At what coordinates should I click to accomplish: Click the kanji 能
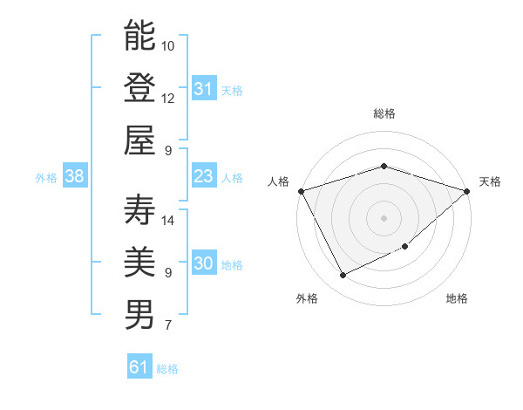[x=140, y=36]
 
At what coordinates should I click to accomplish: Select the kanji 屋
[x=140, y=140]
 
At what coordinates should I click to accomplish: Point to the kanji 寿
[x=140, y=209]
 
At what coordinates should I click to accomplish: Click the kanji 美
[x=140, y=263]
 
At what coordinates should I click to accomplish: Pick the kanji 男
[x=140, y=315]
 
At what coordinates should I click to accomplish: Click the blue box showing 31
[x=204, y=89]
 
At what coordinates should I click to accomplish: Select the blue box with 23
[x=204, y=177]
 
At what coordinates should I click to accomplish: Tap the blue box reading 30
[x=204, y=264]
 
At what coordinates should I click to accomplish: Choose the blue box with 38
[x=75, y=177]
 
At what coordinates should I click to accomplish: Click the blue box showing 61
[x=139, y=367]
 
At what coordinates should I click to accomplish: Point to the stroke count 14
[x=169, y=220]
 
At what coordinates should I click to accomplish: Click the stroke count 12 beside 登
[x=168, y=98]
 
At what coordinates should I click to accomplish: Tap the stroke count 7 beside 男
[x=167, y=325]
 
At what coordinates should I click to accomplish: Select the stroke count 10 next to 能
[x=168, y=45]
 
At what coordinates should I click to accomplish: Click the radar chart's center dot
[x=384, y=217]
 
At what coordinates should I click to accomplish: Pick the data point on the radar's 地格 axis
[x=406, y=247]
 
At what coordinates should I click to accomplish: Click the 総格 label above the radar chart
[x=384, y=113]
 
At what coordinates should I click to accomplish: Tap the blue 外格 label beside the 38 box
[x=45, y=178]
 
